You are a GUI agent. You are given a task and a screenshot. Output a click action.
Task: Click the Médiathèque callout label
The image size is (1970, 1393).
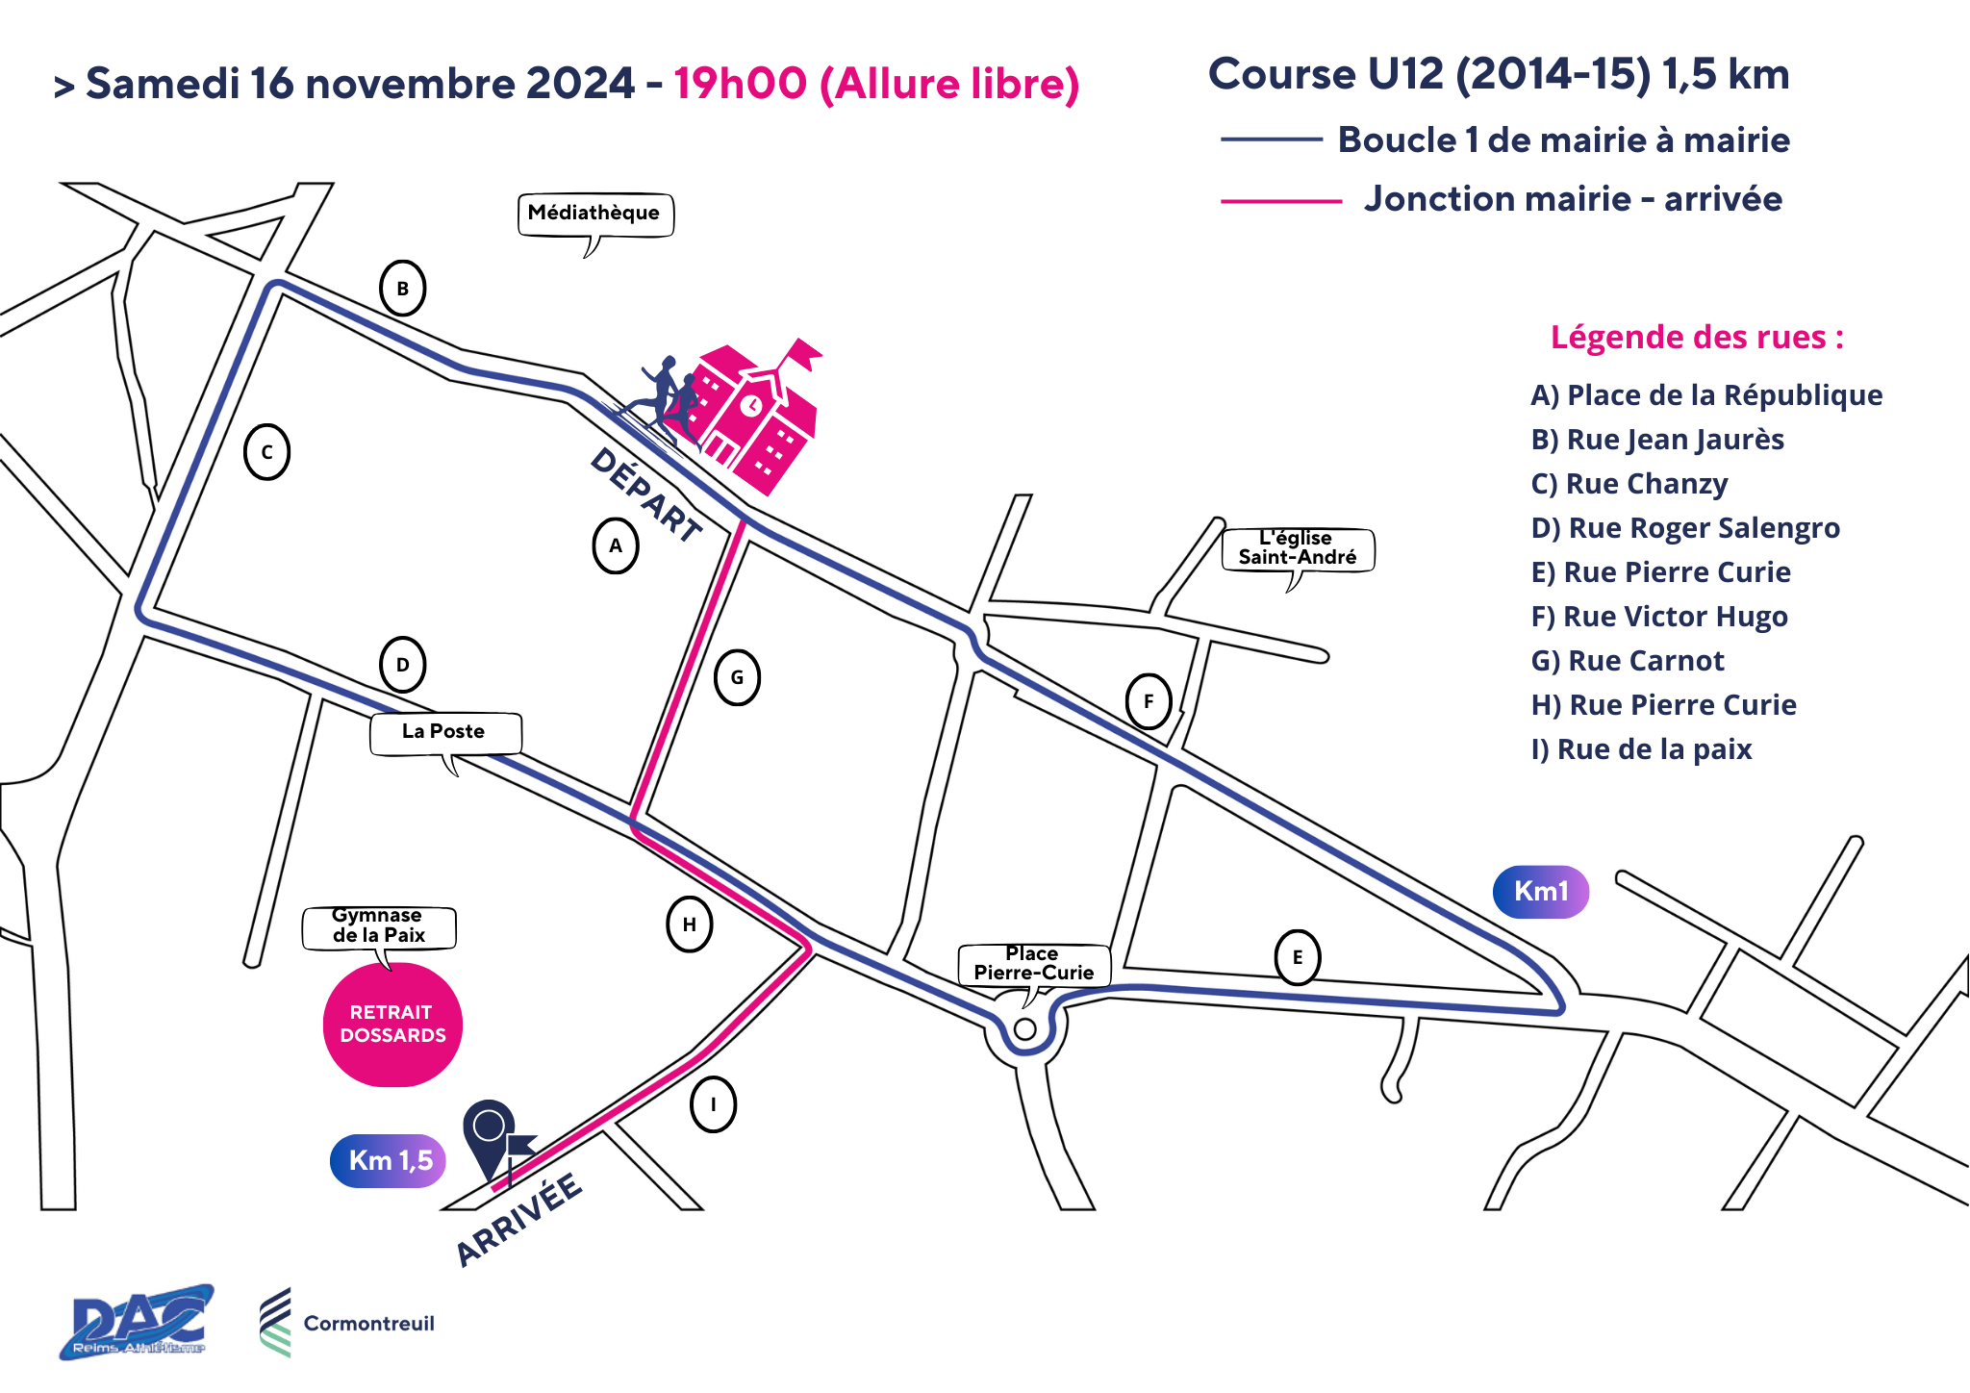(x=595, y=215)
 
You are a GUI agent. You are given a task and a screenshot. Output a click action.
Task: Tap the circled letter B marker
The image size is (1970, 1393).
(x=403, y=288)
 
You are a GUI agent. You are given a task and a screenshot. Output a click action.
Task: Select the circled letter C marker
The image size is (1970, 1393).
(x=267, y=452)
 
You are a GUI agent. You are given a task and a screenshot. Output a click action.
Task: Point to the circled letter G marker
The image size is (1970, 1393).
(x=738, y=677)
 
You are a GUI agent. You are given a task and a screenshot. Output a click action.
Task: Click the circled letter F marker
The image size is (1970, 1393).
(x=1149, y=701)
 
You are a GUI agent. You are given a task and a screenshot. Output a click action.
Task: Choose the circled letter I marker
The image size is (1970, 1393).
(x=714, y=1104)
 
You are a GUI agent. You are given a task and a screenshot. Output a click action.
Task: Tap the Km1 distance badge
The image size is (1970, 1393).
(x=1541, y=892)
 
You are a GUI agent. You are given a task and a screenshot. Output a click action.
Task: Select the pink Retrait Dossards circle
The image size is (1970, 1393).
(x=392, y=1025)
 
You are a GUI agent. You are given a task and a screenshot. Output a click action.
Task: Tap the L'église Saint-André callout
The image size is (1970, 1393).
(x=1298, y=549)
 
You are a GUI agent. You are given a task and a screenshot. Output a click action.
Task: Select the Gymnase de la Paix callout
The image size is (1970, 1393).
(x=379, y=927)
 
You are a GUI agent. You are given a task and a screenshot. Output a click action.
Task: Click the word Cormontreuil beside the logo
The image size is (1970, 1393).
(x=369, y=1324)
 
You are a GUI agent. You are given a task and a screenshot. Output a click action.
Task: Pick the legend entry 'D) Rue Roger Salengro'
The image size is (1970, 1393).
(x=1685, y=528)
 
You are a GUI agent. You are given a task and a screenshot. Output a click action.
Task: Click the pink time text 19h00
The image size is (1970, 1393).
(x=740, y=84)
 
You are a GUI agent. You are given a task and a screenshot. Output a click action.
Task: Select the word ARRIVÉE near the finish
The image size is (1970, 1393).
(x=518, y=1219)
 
